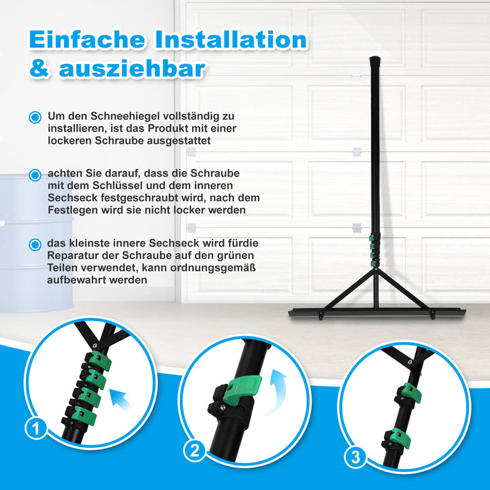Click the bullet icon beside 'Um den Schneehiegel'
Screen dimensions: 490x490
(x=35, y=118)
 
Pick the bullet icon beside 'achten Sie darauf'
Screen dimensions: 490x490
(x=35, y=175)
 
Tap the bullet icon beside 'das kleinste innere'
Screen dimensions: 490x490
(x=35, y=244)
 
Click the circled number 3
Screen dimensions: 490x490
(x=355, y=457)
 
